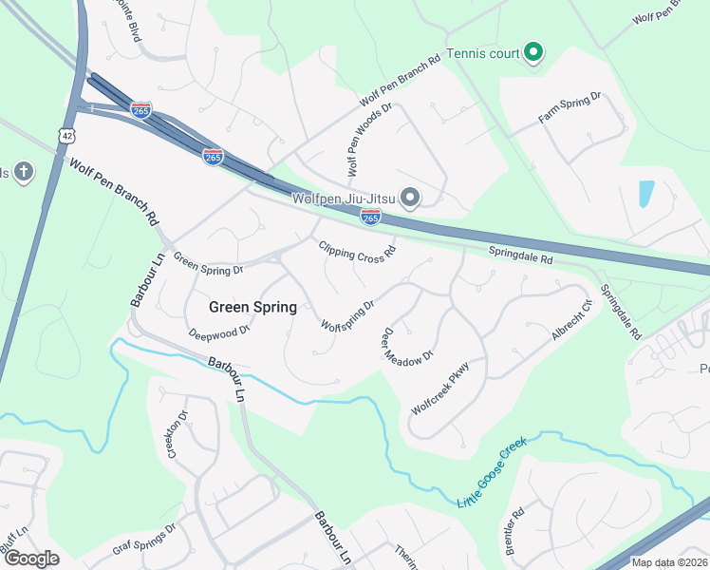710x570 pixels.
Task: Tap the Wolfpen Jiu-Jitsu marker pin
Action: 410,198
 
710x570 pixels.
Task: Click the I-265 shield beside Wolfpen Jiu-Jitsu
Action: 371,218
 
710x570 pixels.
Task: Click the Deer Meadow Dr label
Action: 407,345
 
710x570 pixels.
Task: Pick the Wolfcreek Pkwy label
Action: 440,388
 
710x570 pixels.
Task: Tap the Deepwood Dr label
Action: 218,332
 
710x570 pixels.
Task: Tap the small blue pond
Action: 646,195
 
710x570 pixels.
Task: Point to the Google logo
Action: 31,559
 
